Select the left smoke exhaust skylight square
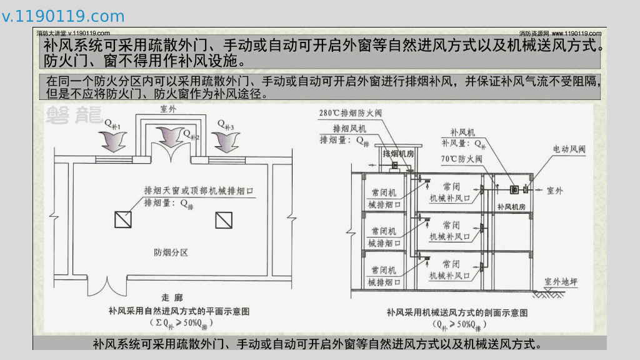point(122,219)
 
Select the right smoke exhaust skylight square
point(223,219)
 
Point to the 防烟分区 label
point(171,252)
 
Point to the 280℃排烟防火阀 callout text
point(350,114)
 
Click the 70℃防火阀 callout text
point(461,159)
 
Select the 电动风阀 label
point(569,149)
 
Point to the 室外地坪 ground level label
point(561,282)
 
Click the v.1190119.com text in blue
point(63,16)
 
